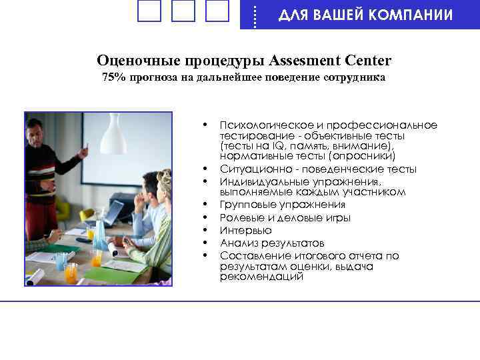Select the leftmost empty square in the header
tap(149, 11)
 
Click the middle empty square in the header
tap(183, 11)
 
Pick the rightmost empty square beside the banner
tap(217, 11)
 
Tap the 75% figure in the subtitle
tap(114, 78)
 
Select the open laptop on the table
tap(111, 213)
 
